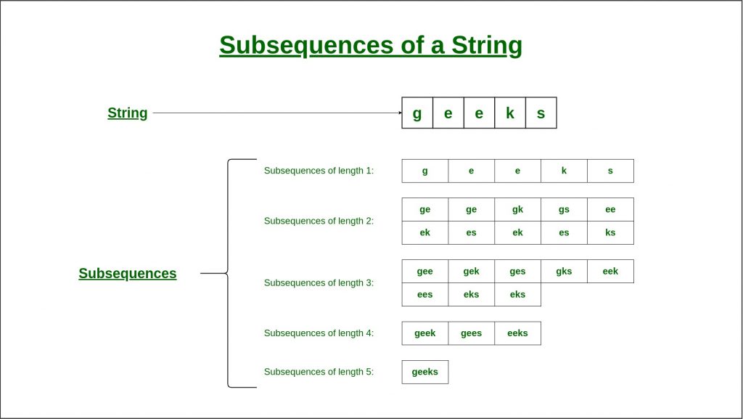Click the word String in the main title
coord(487,46)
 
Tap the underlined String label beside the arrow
coord(128,113)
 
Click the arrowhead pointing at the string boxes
coord(401,113)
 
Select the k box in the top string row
coord(510,113)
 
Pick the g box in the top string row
coord(417,113)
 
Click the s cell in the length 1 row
coord(610,171)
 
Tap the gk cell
coord(517,209)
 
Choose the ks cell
coord(610,232)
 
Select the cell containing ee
coord(610,209)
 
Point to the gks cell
coord(564,271)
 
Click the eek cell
coord(610,271)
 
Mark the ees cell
coord(424,294)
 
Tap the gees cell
coord(471,333)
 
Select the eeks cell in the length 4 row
coord(517,333)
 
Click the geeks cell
coord(424,372)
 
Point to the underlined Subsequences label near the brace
coord(128,274)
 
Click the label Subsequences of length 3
coord(319,283)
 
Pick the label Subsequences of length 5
coord(319,372)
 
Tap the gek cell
coord(471,271)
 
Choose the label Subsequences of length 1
coord(319,171)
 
